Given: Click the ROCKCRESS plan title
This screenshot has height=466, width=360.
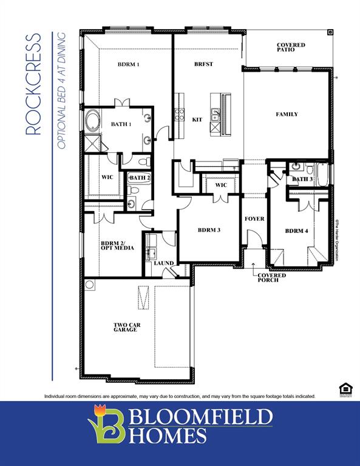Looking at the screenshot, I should (33, 84).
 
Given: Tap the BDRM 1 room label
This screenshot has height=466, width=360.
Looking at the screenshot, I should (129, 64).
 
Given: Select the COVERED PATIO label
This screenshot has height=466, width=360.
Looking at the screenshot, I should (291, 47).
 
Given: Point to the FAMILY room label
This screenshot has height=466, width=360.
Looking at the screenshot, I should (287, 114).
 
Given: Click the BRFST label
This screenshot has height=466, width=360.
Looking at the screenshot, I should (203, 64).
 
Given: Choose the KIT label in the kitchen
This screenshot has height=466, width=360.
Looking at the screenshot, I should (197, 120).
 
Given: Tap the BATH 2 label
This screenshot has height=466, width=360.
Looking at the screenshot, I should (140, 177).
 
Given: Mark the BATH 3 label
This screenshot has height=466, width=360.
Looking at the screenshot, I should (302, 179).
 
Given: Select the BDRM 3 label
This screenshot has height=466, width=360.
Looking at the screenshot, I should (209, 230).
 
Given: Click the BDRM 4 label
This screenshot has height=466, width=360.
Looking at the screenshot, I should (296, 231).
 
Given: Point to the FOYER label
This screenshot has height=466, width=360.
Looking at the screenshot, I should (254, 218).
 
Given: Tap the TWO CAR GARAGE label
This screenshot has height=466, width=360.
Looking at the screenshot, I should (127, 328).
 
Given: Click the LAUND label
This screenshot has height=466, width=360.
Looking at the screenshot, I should (163, 263).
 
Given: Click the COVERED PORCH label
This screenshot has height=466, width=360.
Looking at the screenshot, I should (271, 277).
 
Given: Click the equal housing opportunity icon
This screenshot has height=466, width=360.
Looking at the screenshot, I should (345, 388).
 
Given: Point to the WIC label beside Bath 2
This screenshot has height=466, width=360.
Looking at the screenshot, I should (107, 177).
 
